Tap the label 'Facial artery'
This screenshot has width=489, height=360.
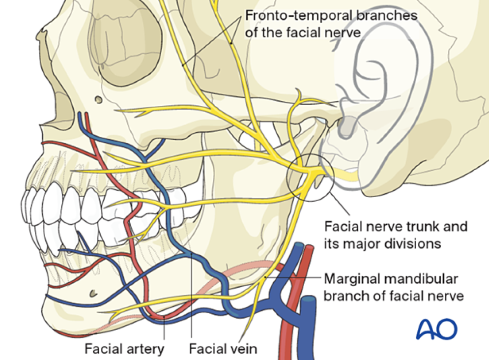(124, 350)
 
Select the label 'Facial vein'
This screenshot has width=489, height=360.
(223, 350)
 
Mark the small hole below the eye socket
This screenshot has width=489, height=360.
(99, 100)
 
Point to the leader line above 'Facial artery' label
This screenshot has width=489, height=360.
(164, 330)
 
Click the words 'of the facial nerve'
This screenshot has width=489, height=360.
(304, 33)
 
